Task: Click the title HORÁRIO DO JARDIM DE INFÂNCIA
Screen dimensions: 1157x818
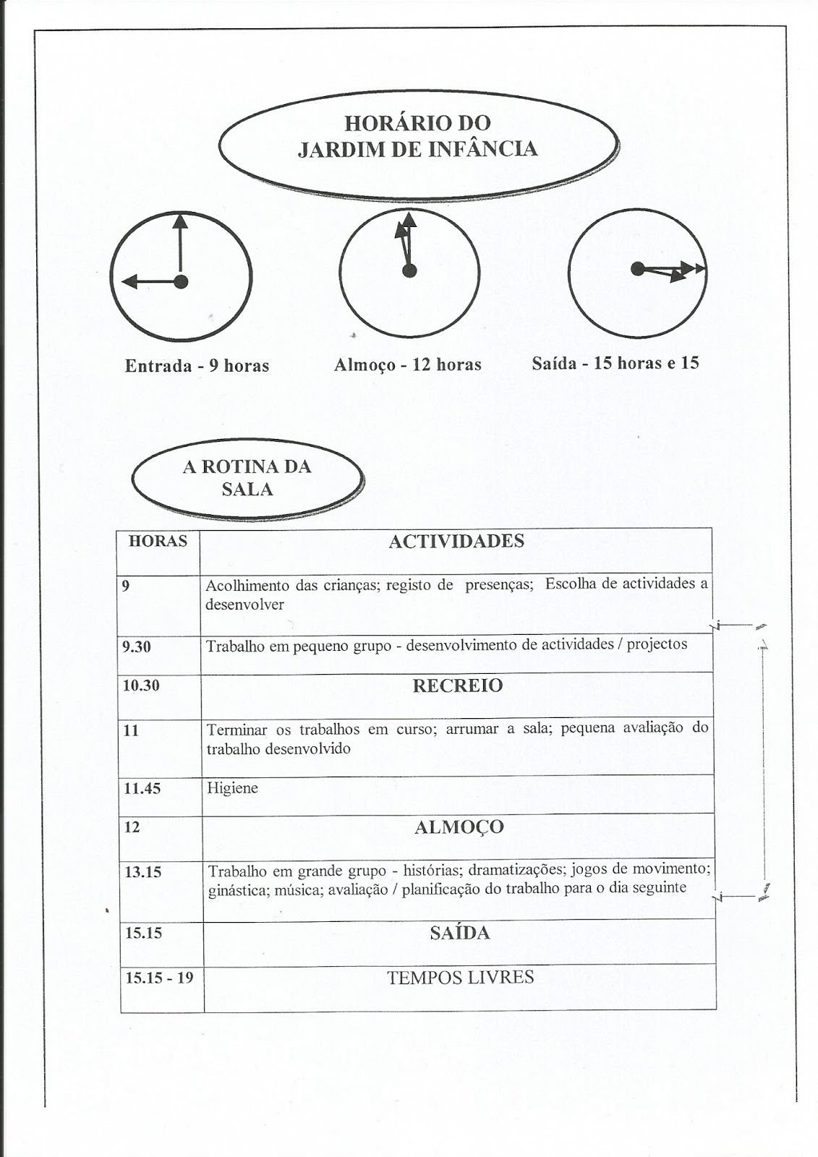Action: coord(417,136)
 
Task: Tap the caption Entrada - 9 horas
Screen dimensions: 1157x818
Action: coord(197,366)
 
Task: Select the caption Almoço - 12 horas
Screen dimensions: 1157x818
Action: coord(407,364)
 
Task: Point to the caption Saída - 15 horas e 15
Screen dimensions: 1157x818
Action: coord(615,363)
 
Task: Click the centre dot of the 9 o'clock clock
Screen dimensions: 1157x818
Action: coord(180,281)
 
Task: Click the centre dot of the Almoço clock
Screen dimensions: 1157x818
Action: coord(409,270)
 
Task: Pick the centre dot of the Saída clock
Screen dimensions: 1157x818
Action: coord(637,269)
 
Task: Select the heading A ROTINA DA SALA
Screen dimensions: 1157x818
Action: coord(247,477)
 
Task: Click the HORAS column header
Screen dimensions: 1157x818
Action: coord(158,541)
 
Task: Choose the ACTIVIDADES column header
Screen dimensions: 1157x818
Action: coord(456,542)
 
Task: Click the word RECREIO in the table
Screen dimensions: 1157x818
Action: coord(457,686)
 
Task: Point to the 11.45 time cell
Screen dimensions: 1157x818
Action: coord(142,789)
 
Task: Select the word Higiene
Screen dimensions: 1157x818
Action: coord(231,788)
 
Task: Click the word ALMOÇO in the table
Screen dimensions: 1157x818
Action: coord(459,827)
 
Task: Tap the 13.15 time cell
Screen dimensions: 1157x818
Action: coord(142,872)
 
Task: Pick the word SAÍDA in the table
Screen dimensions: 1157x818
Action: coord(459,933)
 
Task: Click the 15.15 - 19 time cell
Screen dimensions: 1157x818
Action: coord(159,978)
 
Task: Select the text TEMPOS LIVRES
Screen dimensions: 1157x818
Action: coord(460,978)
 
